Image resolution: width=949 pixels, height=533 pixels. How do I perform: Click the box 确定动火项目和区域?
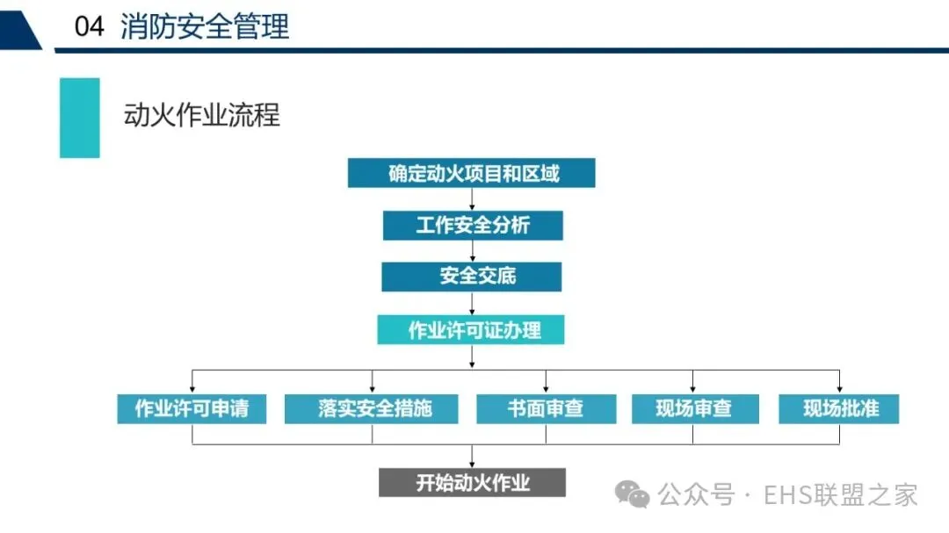(471, 173)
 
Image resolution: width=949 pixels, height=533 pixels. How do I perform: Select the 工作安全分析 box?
(473, 226)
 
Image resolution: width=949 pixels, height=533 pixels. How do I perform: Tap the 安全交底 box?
(471, 277)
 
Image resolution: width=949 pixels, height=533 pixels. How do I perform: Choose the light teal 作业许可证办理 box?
(471, 330)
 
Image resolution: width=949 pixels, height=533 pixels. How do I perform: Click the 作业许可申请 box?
(192, 408)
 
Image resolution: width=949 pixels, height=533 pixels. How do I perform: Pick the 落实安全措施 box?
(371, 408)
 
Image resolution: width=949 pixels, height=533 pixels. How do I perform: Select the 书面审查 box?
(545, 408)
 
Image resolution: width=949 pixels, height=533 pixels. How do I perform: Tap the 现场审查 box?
(693, 408)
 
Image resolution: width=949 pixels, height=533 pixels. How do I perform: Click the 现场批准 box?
(839, 408)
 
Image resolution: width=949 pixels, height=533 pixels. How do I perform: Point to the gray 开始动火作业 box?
(472, 483)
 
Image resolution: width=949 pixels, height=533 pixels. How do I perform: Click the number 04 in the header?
(90, 27)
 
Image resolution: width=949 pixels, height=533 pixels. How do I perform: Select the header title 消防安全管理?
(205, 27)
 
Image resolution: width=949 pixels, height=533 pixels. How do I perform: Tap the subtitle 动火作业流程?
(202, 115)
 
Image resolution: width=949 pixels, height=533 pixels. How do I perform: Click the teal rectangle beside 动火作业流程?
(79, 118)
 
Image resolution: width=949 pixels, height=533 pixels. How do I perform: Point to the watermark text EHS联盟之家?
(841, 494)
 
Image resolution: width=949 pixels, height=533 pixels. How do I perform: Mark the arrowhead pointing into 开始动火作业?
(473, 464)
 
